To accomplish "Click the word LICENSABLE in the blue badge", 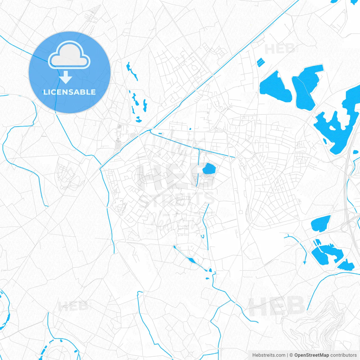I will pyautogui.click(x=69, y=92).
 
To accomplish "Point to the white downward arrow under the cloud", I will pyautogui.click(x=66, y=77).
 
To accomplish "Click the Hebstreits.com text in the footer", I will pyautogui.click(x=269, y=355).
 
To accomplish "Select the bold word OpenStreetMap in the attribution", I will pyautogui.click(x=312, y=355).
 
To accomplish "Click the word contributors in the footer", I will pyautogui.click(x=343, y=355).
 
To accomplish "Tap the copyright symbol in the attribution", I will pyautogui.click(x=291, y=355).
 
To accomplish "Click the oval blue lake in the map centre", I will pyautogui.click(x=209, y=169).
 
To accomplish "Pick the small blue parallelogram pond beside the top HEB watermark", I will pyautogui.click(x=261, y=62).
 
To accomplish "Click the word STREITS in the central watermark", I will pyautogui.click(x=177, y=199).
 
